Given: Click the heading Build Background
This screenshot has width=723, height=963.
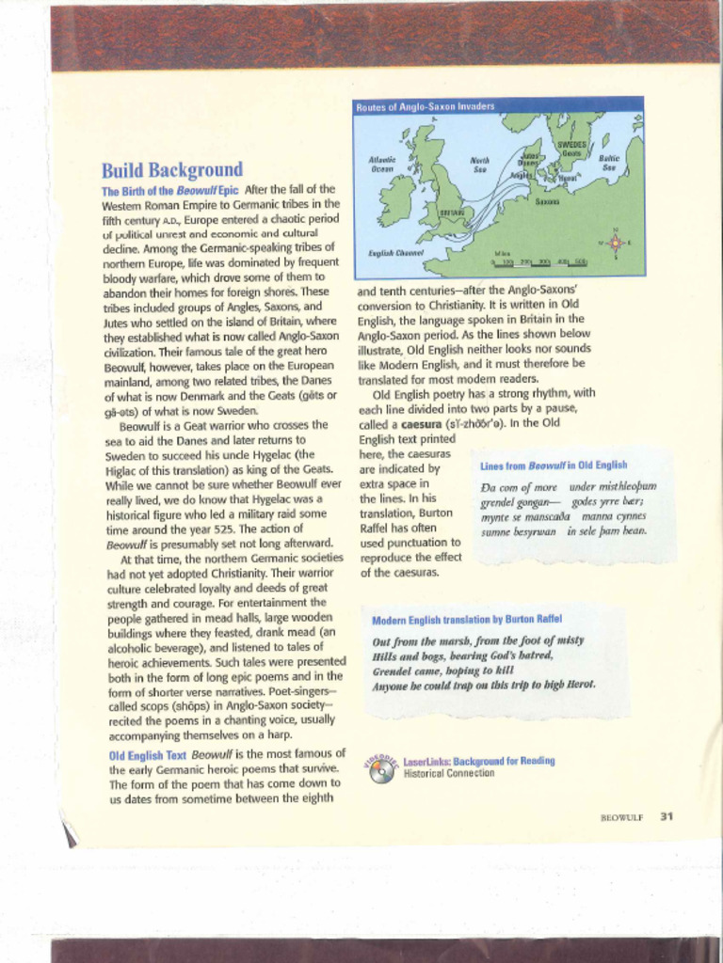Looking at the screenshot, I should pos(171,170).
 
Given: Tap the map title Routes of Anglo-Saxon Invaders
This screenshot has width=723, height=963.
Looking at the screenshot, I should pos(425,106).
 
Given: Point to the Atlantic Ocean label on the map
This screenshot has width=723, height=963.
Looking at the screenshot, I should pos(382,164).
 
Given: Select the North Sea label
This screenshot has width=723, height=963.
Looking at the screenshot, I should pos(479,165).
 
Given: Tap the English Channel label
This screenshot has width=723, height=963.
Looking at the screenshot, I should pos(395,253).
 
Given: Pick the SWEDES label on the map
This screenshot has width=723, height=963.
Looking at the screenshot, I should pos(571,145).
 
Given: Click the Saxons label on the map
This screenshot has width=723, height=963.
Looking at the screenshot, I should pos(547,201).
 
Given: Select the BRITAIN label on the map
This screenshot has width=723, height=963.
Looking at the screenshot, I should pos(452,213).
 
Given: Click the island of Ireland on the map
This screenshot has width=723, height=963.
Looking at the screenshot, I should pos(395,199).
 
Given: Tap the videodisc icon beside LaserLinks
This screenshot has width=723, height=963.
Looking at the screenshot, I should pos(381,768).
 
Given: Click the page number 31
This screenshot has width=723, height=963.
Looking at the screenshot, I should pos(667,816).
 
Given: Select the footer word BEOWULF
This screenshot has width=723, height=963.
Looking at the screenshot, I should pos(621,817).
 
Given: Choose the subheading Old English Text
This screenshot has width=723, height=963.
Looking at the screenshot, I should pos(147,755).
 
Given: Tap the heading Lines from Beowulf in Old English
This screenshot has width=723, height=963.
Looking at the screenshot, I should pos(554,466).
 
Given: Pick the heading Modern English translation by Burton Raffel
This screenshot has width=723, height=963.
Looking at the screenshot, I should pos(467,620).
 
